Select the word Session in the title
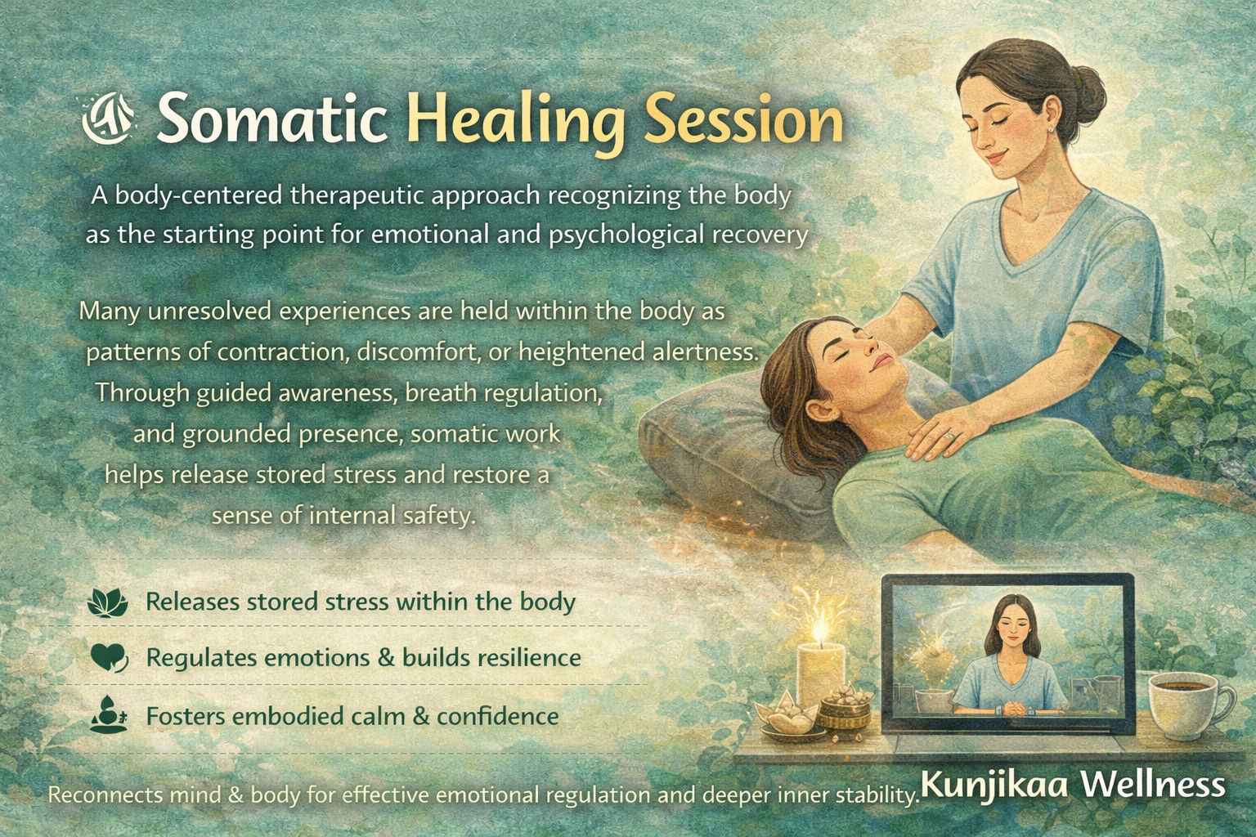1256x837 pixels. coord(743,121)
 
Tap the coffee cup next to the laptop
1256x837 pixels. coord(1186,705)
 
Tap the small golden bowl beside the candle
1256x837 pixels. coord(846,709)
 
